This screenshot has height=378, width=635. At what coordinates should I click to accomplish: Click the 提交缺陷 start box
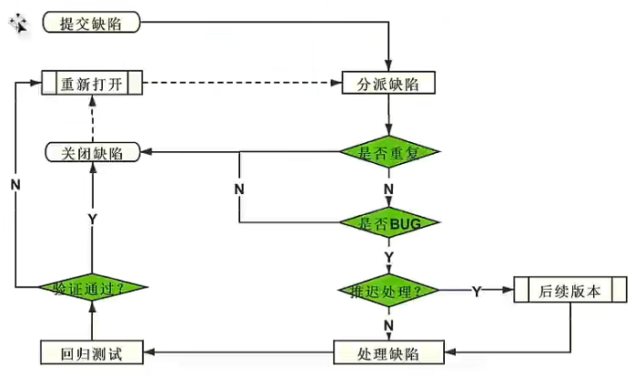[92, 22]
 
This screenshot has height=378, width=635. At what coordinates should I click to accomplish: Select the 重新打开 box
[94, 84]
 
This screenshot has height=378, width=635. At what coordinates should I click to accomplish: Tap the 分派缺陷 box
[388, 84]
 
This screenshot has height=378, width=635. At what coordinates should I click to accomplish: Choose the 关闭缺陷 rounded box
[92, 152]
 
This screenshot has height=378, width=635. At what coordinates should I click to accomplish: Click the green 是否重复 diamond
[389, 152]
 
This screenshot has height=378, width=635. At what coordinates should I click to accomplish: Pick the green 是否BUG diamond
[389, 222]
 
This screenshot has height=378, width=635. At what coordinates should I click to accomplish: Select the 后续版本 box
[570, 291]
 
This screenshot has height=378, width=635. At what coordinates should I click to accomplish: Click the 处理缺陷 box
[388, 352]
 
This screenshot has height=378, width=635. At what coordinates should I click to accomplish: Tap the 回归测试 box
[94, 352]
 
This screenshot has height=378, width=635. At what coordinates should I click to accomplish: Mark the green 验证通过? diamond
[94, 288]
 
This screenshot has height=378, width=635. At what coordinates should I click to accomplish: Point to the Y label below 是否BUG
[389, 257]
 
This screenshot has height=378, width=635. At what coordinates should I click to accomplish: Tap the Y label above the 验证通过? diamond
[93, 220]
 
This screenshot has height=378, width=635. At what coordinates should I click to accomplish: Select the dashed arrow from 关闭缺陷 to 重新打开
[93, 118]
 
